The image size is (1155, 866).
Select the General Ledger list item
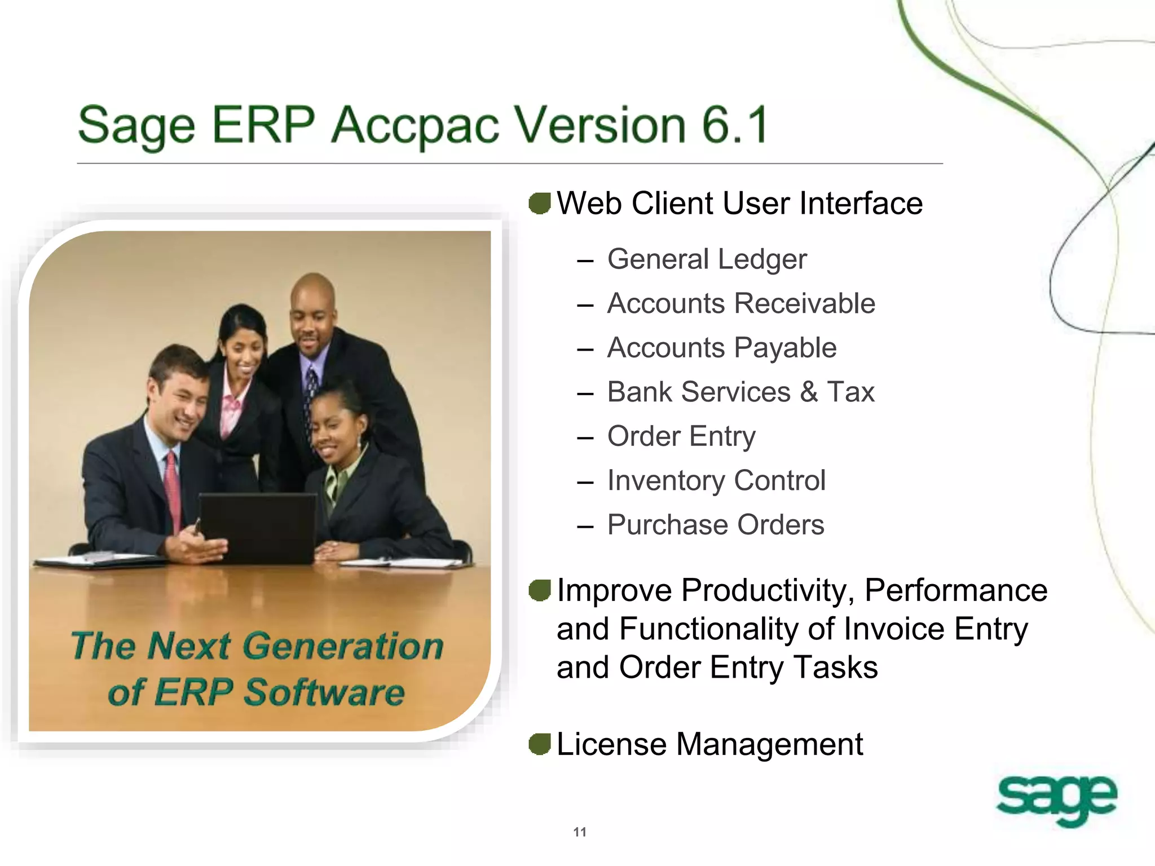click(x=707, y=260)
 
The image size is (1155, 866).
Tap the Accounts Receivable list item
click(x=741, y=304)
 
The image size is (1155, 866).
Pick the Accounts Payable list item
click(x=721, y=348)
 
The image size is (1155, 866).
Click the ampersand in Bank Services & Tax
click(x=808, y=392)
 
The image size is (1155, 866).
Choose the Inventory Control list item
click(x=716, y=481)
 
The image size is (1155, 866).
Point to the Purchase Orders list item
click(x=715, y=525)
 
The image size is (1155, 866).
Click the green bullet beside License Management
click(x=540, y=744)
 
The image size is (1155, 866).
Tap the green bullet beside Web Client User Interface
click(x=540, y=204)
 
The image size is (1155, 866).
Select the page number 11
click(x=580, y=832)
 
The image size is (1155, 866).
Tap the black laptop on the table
click(x=258, y=528)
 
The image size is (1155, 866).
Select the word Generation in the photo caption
click(x=345, y=646)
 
